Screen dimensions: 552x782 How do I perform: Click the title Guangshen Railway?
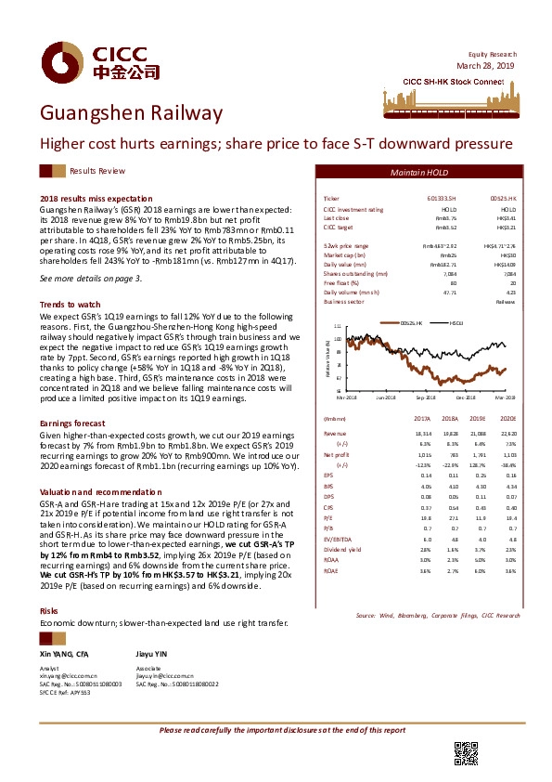point(131,114)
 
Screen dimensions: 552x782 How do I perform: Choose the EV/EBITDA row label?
point(338,538)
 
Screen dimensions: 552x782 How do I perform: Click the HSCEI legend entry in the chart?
point(455,322)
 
